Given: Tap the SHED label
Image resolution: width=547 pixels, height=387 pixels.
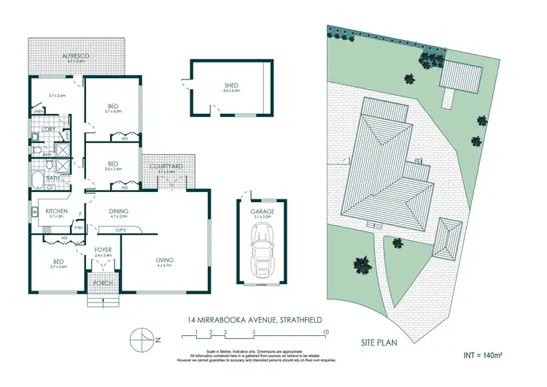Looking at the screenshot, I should (231, 86).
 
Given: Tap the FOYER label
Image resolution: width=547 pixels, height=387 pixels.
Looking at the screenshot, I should (102, 250).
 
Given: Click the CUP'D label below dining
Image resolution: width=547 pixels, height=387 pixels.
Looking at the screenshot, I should (121, 230).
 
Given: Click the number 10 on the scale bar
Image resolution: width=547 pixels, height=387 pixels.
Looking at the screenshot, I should (325, 333).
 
